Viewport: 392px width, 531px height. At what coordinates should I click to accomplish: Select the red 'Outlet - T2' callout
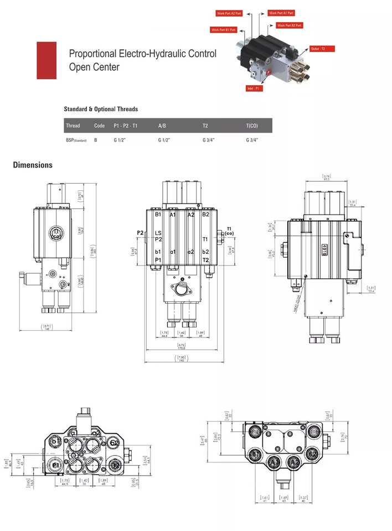point(322,49)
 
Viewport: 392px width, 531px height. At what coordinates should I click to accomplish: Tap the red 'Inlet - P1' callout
point(254,88)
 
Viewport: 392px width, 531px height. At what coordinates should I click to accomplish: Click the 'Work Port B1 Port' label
point(224,30)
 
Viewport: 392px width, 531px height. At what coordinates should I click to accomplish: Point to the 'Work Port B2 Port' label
point(289,25)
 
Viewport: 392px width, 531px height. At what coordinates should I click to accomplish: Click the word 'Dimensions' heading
point(33,165)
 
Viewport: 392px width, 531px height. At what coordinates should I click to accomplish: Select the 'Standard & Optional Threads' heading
point(101,109)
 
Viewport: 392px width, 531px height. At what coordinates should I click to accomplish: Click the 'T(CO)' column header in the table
point(252,126)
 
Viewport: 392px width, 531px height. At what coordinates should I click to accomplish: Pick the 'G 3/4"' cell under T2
point(209,140)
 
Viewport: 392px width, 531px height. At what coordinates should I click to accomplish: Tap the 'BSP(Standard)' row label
point(76,140)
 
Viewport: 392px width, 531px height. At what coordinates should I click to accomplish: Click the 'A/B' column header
point(163,126)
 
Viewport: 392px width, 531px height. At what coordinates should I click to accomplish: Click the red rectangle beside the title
point(47,60)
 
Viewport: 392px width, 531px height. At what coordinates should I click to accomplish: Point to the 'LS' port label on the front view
point(158,233)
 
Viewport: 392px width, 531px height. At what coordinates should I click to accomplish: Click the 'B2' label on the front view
point(205,214)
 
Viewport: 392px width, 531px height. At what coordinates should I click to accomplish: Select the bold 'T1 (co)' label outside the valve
point(229,231)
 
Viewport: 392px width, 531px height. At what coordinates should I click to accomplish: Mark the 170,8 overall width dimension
point(181,349)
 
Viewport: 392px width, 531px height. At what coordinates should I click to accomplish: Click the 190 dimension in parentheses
point(181,360)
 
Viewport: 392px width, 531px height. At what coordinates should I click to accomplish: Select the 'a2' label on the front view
point(190,252)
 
